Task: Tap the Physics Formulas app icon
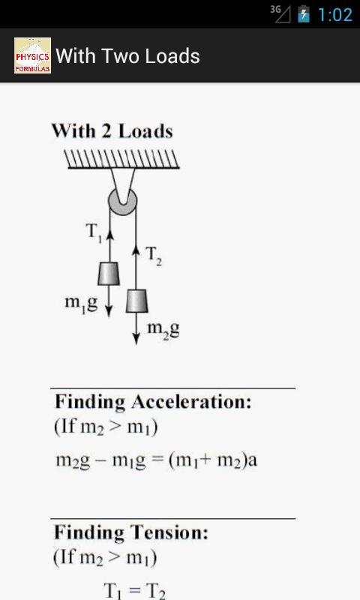point(32,55)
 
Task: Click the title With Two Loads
point(127,56)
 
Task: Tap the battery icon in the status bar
point(304,13)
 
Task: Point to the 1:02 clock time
point(335,14)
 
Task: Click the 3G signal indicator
point(280,13)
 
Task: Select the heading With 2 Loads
point(112,131)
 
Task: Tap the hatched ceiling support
point(121,159)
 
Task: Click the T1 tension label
point(94,232)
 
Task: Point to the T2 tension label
point(154,255)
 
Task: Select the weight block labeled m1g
point(109,273)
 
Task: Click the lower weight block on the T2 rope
point(137,301)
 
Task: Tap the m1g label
point(81,304)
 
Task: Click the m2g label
point(163,329)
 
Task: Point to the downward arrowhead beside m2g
point(136,339)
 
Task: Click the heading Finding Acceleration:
point(153,402)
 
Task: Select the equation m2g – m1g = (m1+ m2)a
point(157,460)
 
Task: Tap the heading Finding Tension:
point(130,532)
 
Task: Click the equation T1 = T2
point(134,591)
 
